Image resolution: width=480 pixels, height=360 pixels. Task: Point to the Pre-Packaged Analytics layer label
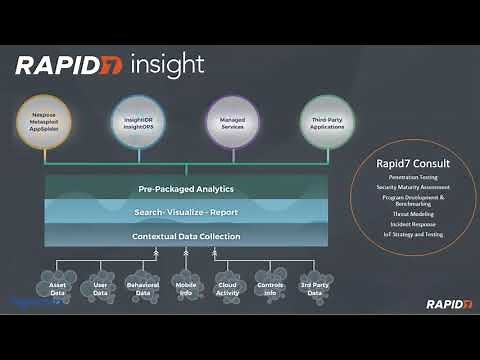[186, 189]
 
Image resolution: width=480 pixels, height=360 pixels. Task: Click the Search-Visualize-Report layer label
[186, 212]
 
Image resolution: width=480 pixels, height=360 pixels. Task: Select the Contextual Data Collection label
[186, 236]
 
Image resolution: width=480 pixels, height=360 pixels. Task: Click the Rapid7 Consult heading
[411, 163]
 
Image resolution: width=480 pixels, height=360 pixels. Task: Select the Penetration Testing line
[411, 177]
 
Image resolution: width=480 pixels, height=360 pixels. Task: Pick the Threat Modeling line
[411, 213]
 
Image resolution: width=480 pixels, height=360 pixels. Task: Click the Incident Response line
[411, 225]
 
